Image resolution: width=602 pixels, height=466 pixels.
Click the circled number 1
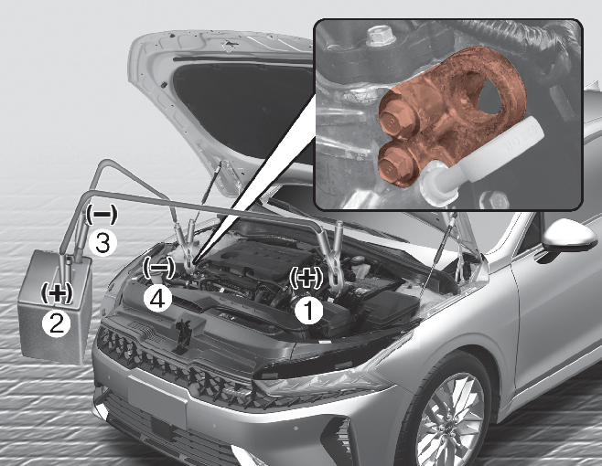click(309, 311)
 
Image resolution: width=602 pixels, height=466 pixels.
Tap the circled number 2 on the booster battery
click(56, 323)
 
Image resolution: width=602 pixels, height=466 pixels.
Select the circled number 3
click(102, 242)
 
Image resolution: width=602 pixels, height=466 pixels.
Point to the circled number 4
click(157, 299)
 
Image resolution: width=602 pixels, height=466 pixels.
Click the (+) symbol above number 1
click(306, 278)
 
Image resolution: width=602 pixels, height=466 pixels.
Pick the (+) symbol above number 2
click(57, 293)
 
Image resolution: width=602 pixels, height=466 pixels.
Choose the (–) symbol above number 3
click(101, 215)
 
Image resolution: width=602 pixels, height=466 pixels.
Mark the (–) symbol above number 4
click(158, 267)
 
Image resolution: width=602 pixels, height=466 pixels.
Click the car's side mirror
click(569, 239)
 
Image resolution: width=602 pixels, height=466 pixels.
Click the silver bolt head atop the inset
click(377, 36)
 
